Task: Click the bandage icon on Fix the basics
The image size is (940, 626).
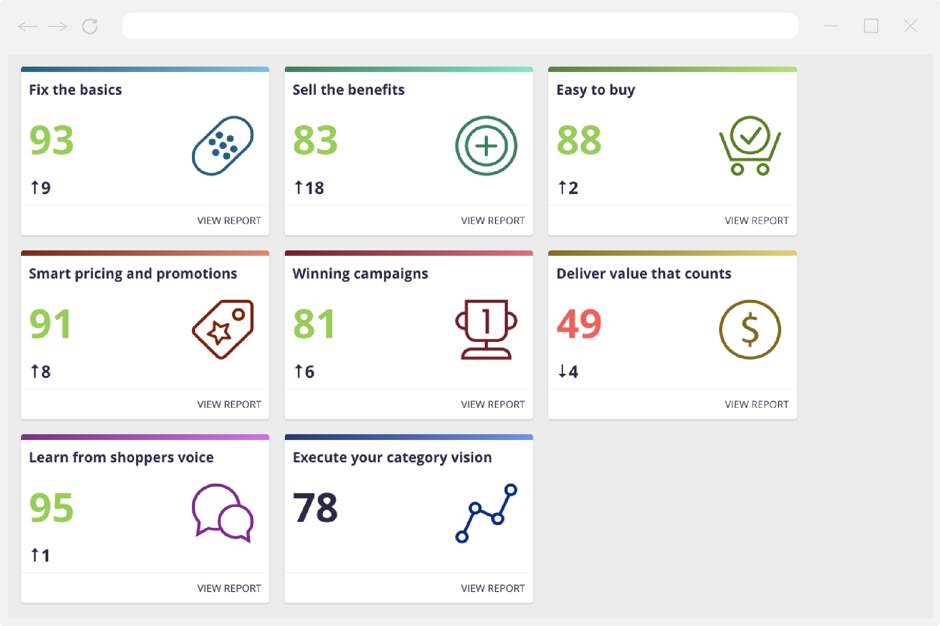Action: click(222, 146)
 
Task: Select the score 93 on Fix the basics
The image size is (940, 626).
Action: click(51, 140)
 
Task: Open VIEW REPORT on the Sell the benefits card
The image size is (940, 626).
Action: click(493, 220)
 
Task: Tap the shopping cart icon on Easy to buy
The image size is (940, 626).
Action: click(750, 146)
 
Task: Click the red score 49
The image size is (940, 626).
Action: click(579, 324)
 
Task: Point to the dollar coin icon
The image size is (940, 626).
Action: click(750, 330)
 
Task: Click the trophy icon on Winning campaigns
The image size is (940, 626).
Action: click(486, 330)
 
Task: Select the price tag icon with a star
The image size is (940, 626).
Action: click(222, 330)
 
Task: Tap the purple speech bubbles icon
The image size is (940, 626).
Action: click(222, 513)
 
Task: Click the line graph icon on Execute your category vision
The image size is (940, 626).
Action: click(486, 513)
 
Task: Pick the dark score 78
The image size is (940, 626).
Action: click(315, 508)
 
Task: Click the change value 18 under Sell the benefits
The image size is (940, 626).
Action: click(309, 188)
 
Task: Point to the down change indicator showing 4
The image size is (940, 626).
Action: click(568, 372)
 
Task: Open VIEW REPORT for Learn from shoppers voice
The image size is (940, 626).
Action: click(229, 588)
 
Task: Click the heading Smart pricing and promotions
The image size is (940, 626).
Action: click(133, 274)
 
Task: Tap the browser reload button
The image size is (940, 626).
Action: click(90, 26)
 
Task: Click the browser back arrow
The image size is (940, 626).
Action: click(28, 26)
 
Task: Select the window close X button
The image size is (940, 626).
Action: click(910, 26)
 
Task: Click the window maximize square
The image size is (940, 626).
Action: click(871, 26)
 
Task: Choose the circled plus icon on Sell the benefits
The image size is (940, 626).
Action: click(486, 146)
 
